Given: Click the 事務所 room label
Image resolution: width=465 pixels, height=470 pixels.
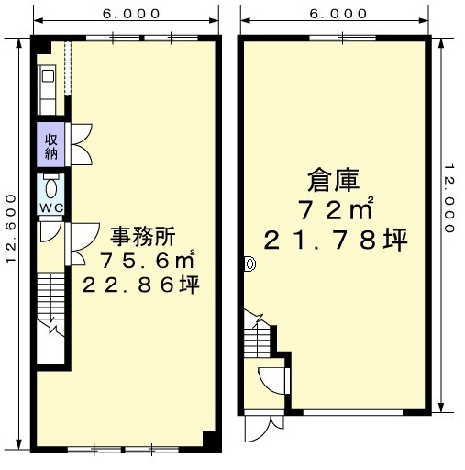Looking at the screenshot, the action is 143,236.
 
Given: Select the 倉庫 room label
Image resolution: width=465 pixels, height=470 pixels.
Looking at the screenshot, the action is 333,181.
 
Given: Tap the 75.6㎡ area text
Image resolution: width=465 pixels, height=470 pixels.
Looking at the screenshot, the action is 147,260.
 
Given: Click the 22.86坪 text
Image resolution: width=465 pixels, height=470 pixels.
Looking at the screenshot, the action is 141,285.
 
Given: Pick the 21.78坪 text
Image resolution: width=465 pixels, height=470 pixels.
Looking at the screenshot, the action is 336,240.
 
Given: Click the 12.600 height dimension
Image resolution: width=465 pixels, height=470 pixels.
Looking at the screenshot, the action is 11,228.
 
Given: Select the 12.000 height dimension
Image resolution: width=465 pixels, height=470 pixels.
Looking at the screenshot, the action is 448,198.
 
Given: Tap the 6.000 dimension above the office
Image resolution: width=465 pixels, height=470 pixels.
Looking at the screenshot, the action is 131,14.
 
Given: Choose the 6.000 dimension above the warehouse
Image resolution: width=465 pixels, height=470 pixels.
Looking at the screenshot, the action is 338,14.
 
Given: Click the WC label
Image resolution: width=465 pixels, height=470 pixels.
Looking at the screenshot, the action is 51,208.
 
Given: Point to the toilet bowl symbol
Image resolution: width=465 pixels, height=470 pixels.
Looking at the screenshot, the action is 50,188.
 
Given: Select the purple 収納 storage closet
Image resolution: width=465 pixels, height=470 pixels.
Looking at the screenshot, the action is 50,144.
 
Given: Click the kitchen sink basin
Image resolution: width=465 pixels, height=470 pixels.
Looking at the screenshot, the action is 48,75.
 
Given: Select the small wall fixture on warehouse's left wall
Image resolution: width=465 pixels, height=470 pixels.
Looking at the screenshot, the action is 249,263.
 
